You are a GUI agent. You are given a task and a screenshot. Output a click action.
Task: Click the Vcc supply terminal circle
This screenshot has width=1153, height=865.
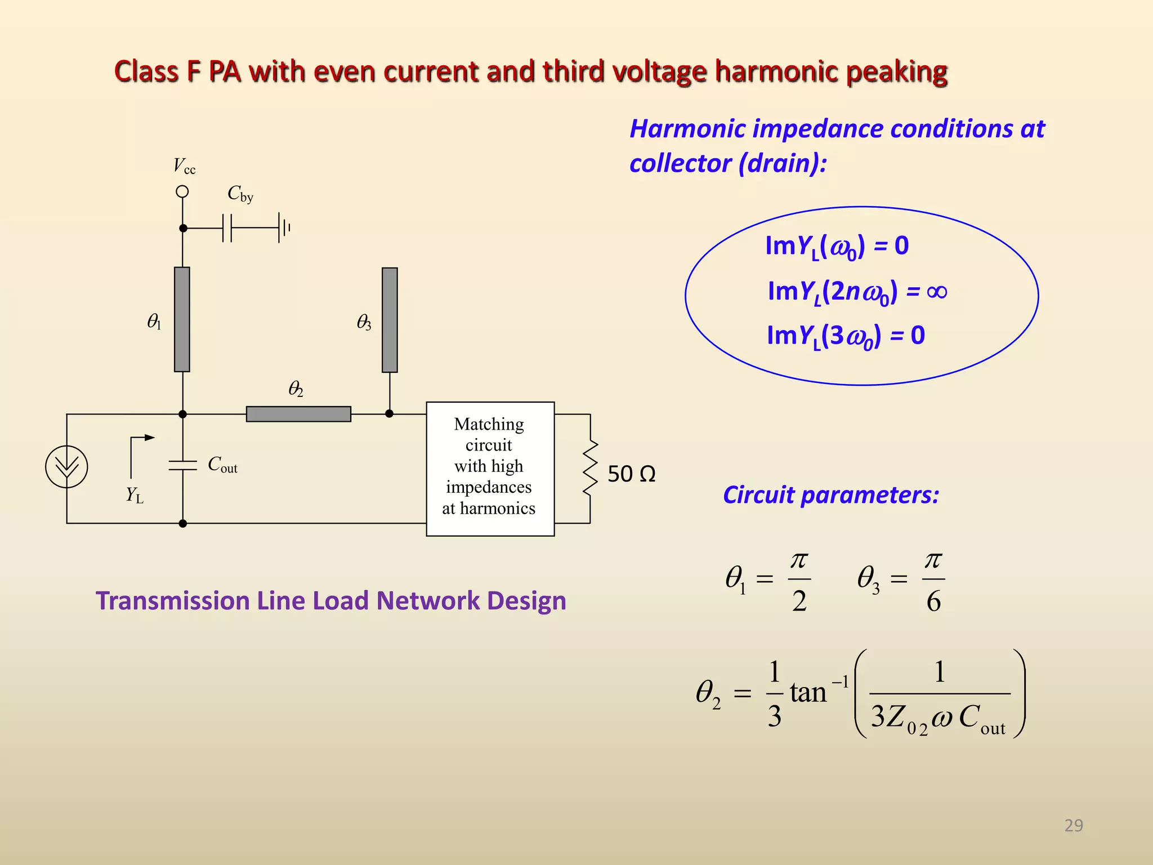[x=182, y=191]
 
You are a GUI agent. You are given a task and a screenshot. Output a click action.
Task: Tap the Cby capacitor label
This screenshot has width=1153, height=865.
[x=240, y=194]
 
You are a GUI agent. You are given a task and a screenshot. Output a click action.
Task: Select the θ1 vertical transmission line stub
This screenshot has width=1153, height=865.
[x=182, y=319]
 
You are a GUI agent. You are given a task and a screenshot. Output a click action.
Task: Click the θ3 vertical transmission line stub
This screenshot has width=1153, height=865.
[x=390, y=320]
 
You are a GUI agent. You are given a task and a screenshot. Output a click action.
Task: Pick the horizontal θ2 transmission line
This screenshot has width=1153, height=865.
[x=298, y=414]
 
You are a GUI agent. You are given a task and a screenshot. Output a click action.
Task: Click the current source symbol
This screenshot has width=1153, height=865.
[x=66, y=466]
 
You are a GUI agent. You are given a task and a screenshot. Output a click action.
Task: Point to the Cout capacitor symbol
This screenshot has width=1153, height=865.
[x=182, y=465]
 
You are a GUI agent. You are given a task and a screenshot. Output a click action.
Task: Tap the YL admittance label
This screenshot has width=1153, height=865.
[x=135, y=495]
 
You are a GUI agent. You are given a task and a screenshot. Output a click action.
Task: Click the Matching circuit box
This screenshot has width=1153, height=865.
[x=490, y=469]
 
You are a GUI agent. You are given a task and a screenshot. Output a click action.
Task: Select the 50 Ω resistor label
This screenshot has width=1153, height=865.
[x=631, y=474]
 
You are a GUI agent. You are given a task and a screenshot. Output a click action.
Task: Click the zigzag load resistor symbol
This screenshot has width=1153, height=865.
[x=589, y=468]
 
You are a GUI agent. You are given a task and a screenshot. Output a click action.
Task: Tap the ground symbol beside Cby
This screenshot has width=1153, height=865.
[x=284, y=228]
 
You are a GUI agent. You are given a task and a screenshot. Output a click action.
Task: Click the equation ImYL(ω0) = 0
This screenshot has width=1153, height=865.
[x=837, y=247]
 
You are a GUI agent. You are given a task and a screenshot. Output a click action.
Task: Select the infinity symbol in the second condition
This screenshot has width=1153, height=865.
[x=936, y=292]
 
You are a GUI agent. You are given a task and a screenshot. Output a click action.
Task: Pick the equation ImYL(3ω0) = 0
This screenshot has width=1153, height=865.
[x=846, y=336]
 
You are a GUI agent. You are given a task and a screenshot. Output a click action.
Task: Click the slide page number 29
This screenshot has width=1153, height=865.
[x=1074, y=825]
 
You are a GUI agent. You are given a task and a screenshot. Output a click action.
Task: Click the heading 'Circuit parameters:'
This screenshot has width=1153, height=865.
[x=831, y=495]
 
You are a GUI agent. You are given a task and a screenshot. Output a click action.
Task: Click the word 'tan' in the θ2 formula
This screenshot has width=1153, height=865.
[x=808, y=693]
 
